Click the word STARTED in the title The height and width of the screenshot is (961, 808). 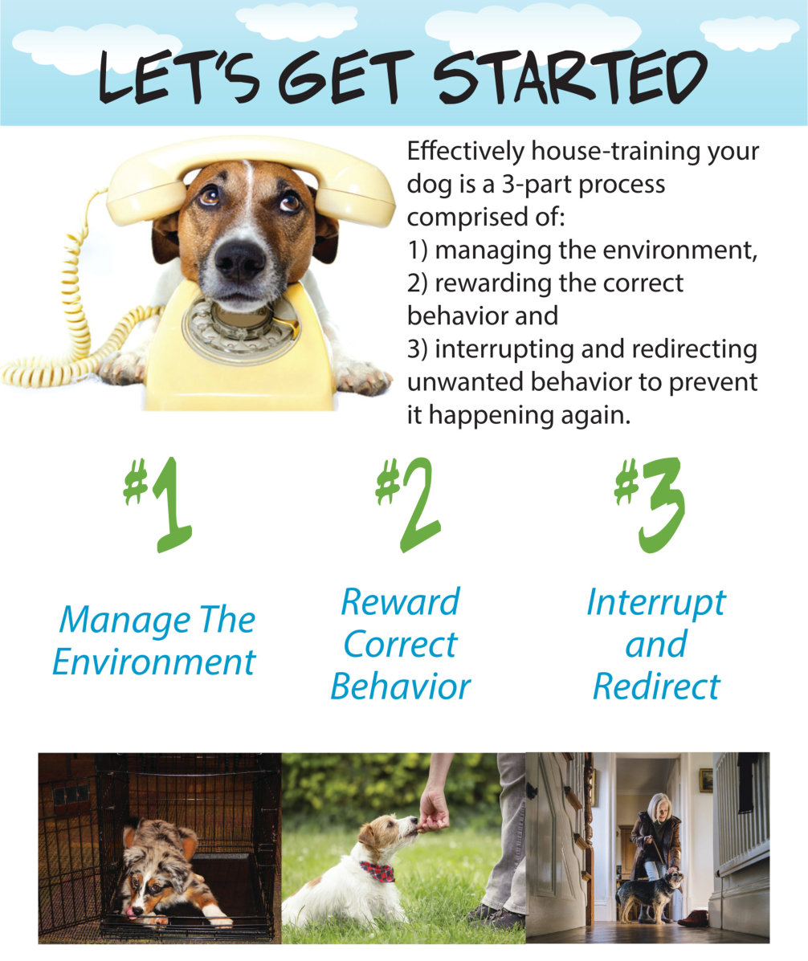(570, 76)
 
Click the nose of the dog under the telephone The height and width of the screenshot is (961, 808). (239, 259)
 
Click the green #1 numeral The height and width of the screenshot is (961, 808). (158, 505)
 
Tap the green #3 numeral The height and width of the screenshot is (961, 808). (650, 505)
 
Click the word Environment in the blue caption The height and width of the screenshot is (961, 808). (154, 662)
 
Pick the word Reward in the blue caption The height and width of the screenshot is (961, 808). (400, 602)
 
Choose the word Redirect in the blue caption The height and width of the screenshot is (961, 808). (656, 686)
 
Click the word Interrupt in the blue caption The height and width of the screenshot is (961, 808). (656, 603)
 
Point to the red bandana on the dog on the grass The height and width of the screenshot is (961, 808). (377, 871)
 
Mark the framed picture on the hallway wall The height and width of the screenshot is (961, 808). (706, 780)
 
